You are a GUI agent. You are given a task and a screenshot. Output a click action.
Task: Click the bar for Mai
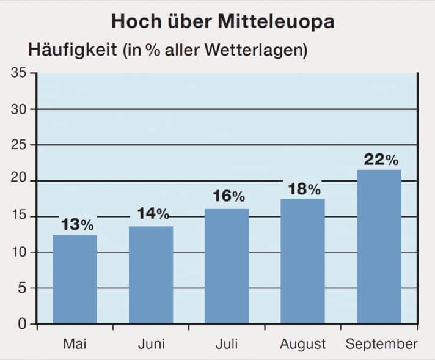[x=75, y=279]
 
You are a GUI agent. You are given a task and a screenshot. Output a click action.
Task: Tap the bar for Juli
[x=227, y=266]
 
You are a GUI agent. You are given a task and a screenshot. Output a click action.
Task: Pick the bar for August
[x=302, y=261]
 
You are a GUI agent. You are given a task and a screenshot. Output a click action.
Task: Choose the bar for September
[x=379, y=246]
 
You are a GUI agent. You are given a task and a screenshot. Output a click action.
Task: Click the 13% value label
[x=78, y=224]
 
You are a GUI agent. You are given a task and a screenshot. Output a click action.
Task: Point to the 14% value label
[x=153, y=214]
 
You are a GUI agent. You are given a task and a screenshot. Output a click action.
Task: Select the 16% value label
[x=228, y=197]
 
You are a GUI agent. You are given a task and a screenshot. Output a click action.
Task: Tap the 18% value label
[x=304, y=189]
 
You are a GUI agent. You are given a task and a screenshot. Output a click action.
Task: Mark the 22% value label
[x=381, y=160]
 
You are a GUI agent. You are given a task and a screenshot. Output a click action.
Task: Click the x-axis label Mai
[x=75, y=344]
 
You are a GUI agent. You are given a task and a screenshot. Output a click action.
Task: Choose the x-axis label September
[x=381, y=345]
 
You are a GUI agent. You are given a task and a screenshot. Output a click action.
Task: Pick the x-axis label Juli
[x=227, y=344]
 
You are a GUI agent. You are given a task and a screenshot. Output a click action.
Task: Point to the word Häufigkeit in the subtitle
[x=72, y=50]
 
